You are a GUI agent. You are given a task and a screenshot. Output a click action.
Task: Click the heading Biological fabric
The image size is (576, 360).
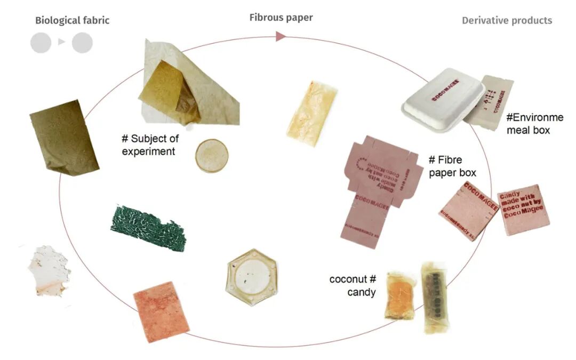tap(72, 21)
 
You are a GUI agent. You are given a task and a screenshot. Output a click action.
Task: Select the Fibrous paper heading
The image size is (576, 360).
tap(281, 18)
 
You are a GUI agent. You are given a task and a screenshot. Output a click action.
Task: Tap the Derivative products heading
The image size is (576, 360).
tap(507, 21)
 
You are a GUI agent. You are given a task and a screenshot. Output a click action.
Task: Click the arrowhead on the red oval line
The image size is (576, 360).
tap(281, 36)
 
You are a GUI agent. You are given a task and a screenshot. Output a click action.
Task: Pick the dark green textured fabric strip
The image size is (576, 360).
tap(148, 229)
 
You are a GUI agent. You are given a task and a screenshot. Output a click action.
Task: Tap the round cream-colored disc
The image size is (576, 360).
tap(212, 156)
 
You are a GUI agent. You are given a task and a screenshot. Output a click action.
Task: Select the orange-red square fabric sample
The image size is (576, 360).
tap(161, 311)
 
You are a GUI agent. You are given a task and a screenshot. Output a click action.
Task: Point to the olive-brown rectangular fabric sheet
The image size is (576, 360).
tap(64, 137)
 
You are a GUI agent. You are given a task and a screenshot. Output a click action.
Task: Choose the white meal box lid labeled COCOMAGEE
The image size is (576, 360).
tap(442, 99)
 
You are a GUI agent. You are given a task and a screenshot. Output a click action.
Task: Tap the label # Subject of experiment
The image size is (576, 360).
tap(150, 145)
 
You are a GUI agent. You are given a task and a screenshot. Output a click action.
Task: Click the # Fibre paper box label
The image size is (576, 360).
tap(452, 165)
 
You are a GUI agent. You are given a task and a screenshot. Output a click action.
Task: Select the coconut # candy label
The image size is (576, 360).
tap(353, 285)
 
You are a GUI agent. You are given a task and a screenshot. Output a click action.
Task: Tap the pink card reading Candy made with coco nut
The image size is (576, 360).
tap(523, 210)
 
